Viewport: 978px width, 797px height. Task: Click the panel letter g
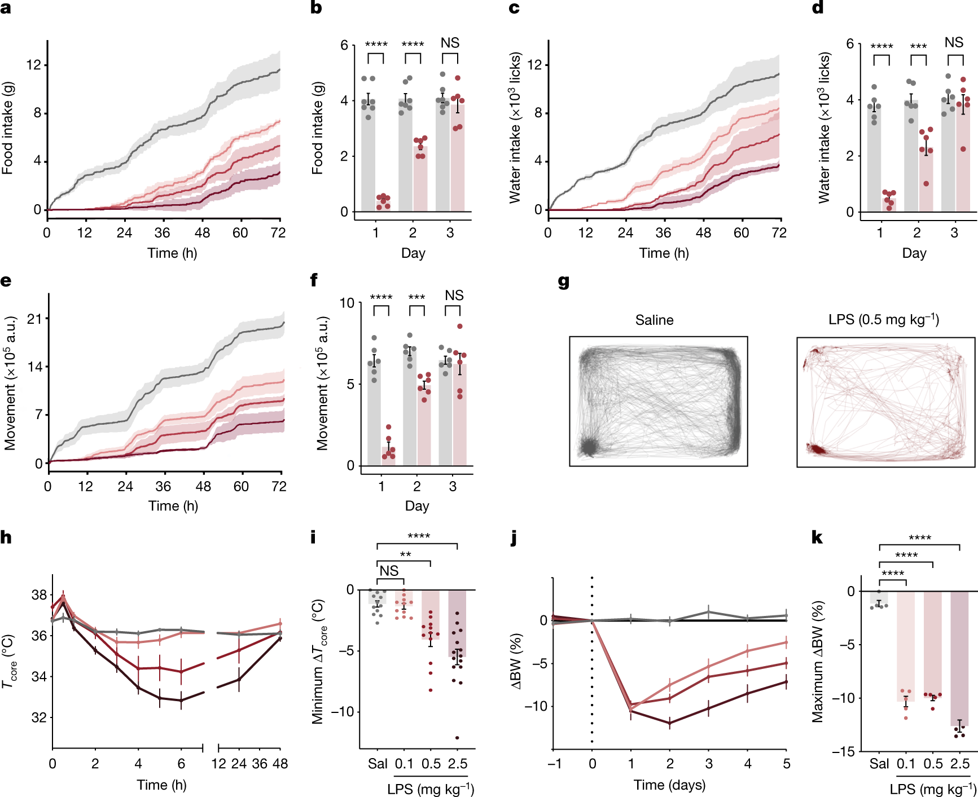(563, 281)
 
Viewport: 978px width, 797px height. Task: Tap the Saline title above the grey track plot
(654, 320)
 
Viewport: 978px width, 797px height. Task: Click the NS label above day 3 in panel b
(450, 43)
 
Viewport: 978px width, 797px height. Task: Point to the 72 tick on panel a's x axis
(278, 233)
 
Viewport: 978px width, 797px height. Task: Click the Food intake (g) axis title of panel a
(7, 128)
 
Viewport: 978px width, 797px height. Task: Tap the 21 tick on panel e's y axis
(35, 319)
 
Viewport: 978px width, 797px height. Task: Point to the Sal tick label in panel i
(378, 764)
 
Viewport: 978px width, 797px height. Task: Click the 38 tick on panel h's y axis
(39, 595)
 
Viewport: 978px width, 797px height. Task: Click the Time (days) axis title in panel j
(669, 785)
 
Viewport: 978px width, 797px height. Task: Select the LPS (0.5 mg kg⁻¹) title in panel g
(884, 320)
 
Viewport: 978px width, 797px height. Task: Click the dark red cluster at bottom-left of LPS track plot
(815, 449)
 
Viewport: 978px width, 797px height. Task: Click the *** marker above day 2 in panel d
(918, 47)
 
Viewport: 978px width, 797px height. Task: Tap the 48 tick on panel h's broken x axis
(280, 764)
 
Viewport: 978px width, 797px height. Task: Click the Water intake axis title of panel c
(515, 128)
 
